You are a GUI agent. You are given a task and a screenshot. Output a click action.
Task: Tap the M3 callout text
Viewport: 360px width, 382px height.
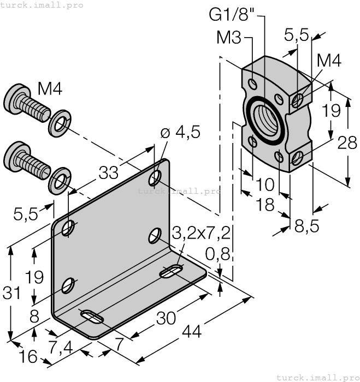point(230,38)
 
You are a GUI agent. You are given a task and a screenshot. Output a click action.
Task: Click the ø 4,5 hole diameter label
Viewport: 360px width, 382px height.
point(180,133)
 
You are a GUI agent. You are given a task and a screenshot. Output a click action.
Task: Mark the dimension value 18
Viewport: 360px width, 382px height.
point(266,205)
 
